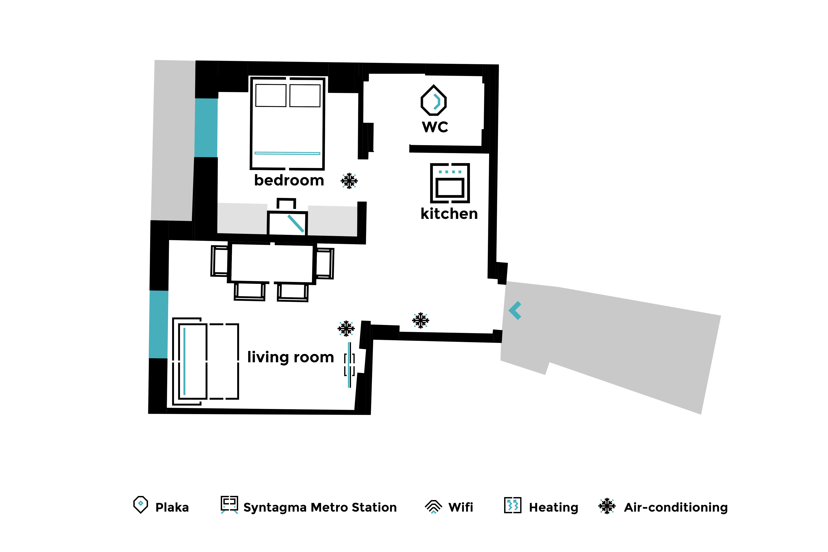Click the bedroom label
click(289, 180)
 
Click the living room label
click(290, 357)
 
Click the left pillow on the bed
click(271, 95)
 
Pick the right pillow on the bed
click(305, 95)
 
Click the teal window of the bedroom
click(206, 127)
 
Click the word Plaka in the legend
click(172, 507)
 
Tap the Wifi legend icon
click(433, 507)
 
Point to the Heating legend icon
click(513, 505)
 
